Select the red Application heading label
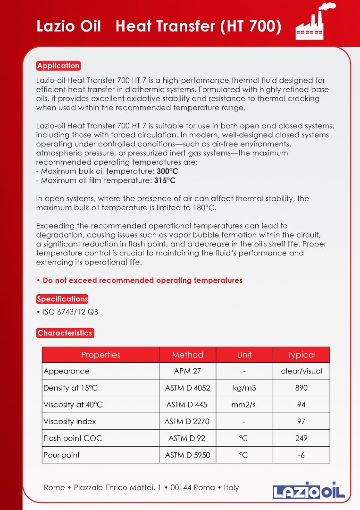coord(59,66)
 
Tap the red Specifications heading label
coord(62,299)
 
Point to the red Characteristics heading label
coord(65,333)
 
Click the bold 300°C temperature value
coord(167,171)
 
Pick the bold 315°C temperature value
coord(165,180)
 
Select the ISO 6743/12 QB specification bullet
coord(69,312)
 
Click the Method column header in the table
coord(187,355)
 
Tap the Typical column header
coord(301,355)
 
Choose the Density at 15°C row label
coord(71,388)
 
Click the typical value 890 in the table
coord(301,388)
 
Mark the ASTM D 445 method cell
coord(187,405)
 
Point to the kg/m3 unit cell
coord(244,388)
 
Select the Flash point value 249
coord(301,438)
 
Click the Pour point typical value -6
coord(301,455)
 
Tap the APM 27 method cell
coord(187,371)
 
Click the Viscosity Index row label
coord(70,422)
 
